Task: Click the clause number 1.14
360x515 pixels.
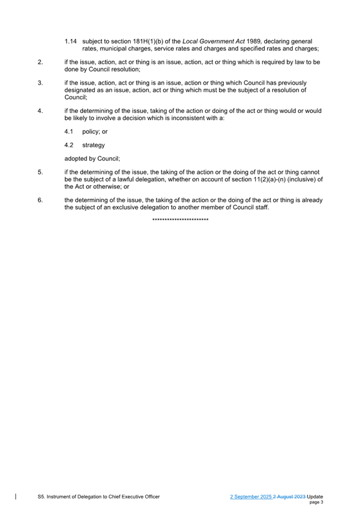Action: click(71, 41)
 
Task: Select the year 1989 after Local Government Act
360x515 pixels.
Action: click(254, 41)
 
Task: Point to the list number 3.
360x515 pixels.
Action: click(40, 82)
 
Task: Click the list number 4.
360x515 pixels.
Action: click(40, 111)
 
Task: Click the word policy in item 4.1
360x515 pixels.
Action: click(91, 132)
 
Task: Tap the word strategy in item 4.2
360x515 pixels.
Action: click(94, 145)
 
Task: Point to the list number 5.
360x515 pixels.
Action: click(40, 172)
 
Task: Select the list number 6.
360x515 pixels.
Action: click(40, 200)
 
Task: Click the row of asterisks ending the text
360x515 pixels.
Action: click(180, 220)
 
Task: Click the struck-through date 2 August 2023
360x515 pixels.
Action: click(289, 496)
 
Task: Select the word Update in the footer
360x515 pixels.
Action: click(315, 496)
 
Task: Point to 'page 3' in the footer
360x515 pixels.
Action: click(316, 502)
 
